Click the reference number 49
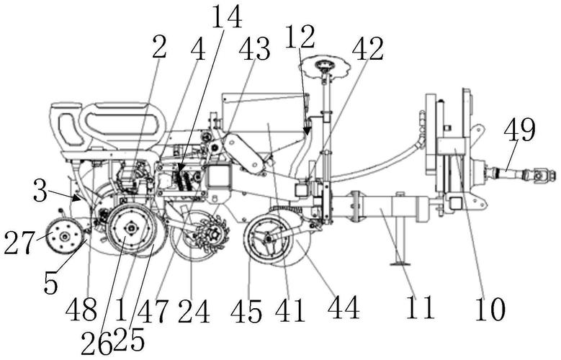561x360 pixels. point(519,130)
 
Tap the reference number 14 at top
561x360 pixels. point(227,17)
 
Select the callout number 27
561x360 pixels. point(19,243)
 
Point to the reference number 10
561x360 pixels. point(490,308)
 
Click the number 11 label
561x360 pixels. point(420,307)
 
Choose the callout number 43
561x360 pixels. point(254,50)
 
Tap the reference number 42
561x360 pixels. point(368,49)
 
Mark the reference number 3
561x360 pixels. point(40,192)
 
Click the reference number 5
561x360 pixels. point(50,283)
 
